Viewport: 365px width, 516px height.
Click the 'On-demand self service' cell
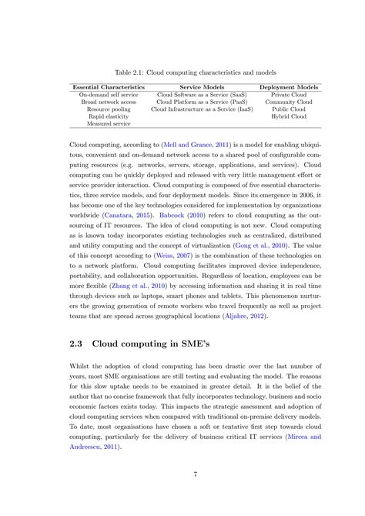pos(108,95)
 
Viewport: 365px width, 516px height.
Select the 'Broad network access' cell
pos(108,102)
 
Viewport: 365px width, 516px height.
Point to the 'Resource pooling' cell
pos(108,109)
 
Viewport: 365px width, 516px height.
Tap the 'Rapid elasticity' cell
pos(108,116)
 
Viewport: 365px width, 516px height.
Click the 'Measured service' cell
pos(108,124)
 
